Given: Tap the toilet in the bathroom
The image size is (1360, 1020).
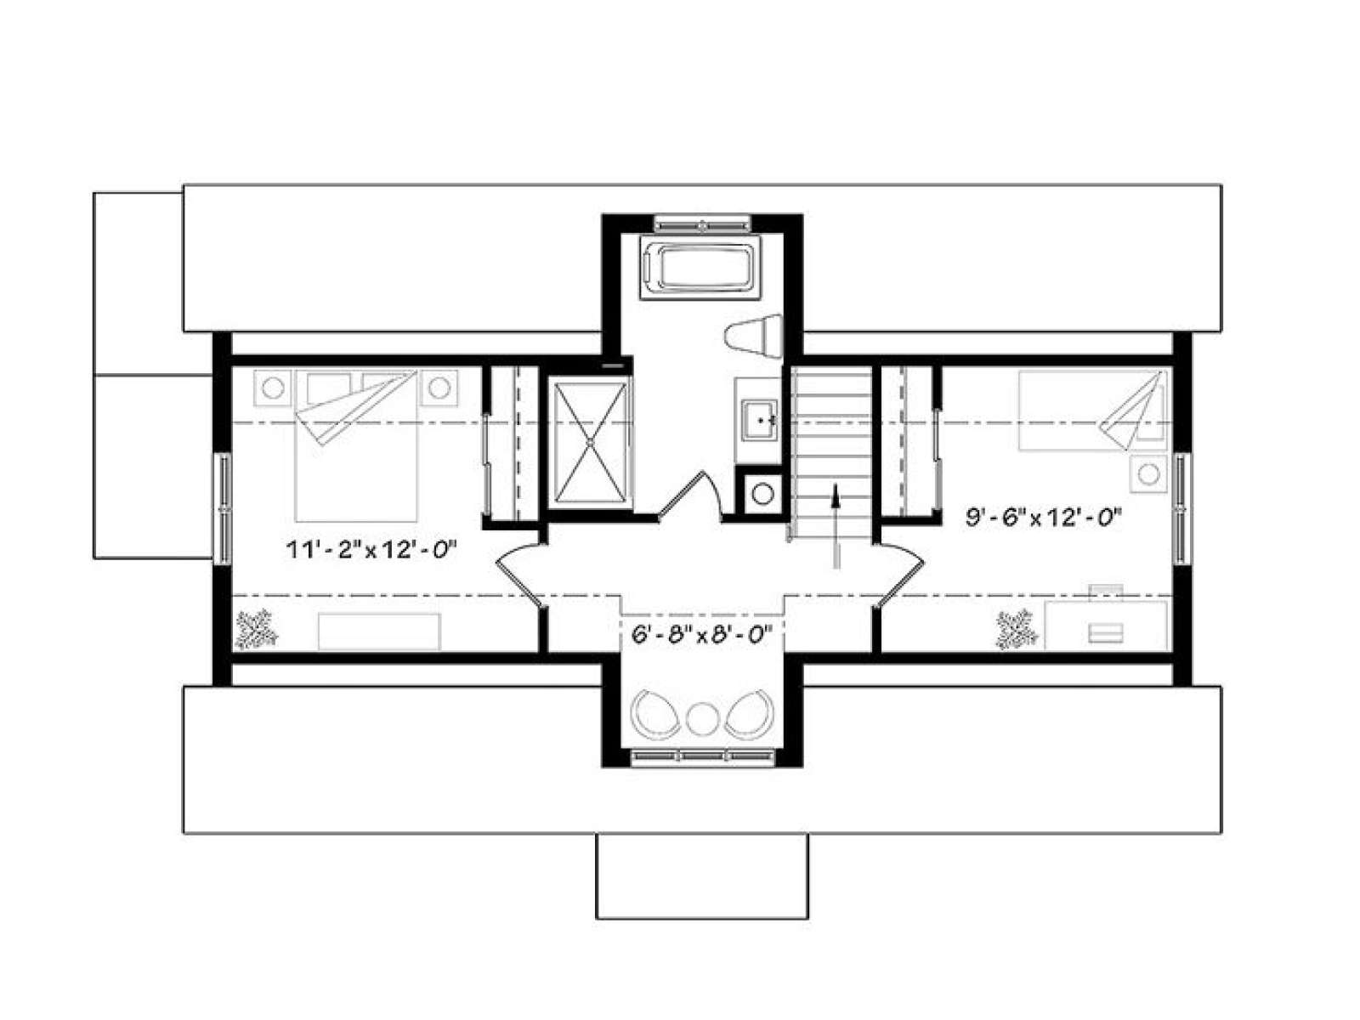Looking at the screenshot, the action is click(753, 336).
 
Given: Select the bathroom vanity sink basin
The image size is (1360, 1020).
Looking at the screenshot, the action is click(760, 419).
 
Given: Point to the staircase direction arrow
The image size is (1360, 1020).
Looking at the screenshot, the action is click(836, 526).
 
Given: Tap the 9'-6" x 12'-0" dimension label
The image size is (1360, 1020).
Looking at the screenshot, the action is click(1044, 517).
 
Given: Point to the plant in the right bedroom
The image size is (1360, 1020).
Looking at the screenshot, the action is click(1016, 630).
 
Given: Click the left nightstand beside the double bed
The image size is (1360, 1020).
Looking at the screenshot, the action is click(273, 388).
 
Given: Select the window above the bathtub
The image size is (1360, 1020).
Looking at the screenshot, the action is click(703, 224).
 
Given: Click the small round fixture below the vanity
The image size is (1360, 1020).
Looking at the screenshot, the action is click(762, 494).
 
